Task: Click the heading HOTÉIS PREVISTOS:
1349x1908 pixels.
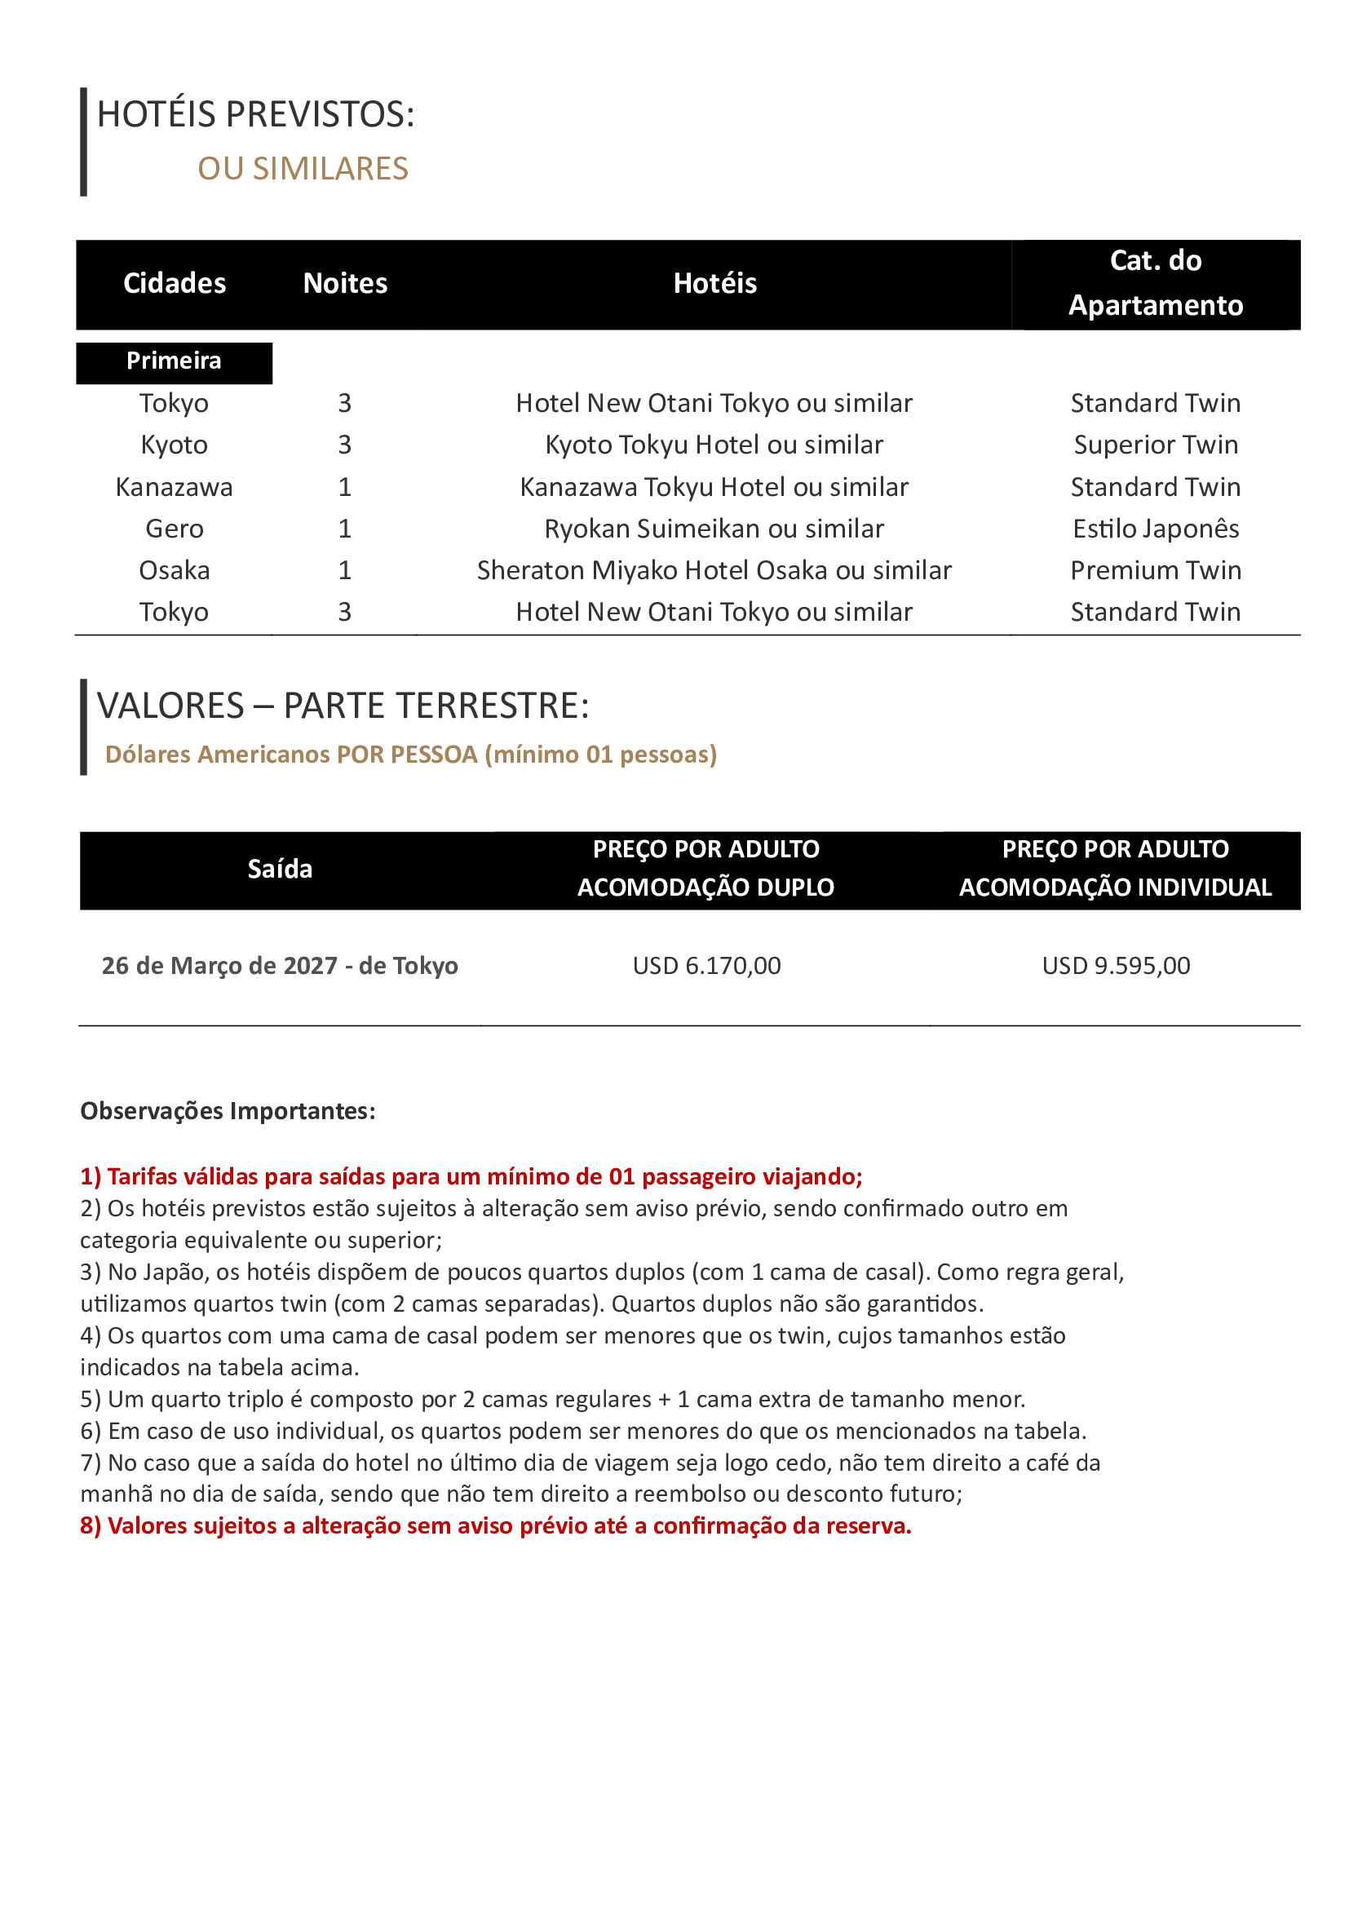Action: pos(255,115)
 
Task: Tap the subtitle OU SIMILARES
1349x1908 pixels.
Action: pos(303,169)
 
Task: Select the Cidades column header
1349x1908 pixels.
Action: pos(175,283)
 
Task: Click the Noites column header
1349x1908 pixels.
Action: pos(345,283)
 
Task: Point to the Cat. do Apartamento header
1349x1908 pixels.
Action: pos(1155,283)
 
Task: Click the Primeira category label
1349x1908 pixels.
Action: pos(174,361)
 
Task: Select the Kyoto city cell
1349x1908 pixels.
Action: pos(174,445)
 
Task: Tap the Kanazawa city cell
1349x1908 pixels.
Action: pos(174,487)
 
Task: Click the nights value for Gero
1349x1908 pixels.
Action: pos(345,529)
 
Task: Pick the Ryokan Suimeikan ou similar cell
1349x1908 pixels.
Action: pos(714,529)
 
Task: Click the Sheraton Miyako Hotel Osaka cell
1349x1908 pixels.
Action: pos(714,570)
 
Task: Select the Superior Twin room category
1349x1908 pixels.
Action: pos(1155,445)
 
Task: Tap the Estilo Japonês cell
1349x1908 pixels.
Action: pos(1155,529)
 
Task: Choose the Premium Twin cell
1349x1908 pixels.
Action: pos(1155,570)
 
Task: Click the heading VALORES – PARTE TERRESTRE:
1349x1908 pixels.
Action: pos(343,706)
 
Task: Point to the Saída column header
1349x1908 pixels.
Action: pos(280,870)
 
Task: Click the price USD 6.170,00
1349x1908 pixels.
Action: pos(706,966)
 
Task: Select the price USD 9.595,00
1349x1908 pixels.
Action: pos(1116,966)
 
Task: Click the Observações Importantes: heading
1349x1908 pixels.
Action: pos(228,1111)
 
